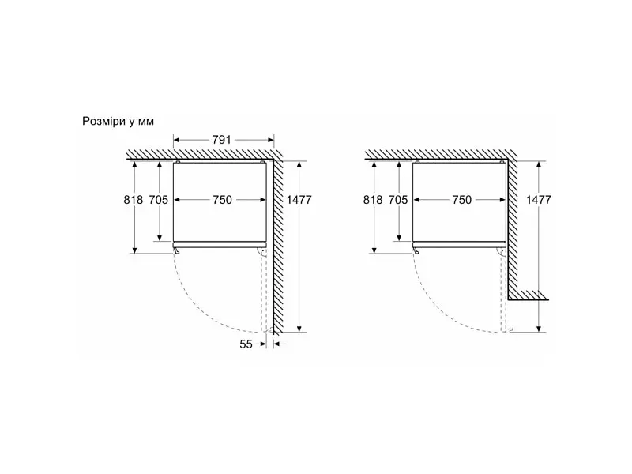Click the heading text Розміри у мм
pyautogui.click(x=118, y=122)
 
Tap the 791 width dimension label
pyautogui.click(x=222, y=140)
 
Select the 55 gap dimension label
pyautogui.click(x=246, y=344)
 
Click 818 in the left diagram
pyautogui.click(x=134, y=200)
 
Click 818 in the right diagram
pyautogui.click(x=373, y=200)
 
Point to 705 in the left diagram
pyautogui.click(x=159, y=200)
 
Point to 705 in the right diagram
pyautogui.click(x=398, y=200)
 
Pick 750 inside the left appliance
pyautogui.click(x=223, y=200)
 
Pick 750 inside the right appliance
pyautogui.click(x=462, y=200)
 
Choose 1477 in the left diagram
pyautogui.click(x=299, y=200)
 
